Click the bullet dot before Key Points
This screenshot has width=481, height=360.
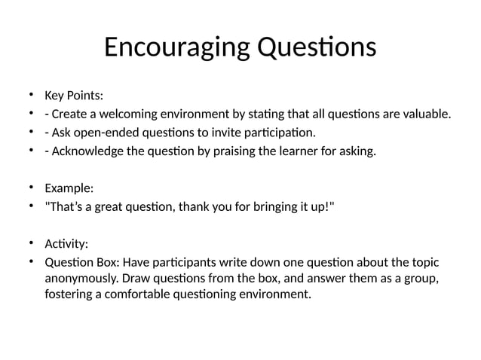click(x=32, y=95)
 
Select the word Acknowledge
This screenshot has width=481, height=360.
click(x=87, y=152)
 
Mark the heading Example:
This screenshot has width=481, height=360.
click(x=69, y=188)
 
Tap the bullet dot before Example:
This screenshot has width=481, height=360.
click(x=32, y=188)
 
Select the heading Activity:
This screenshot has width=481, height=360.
click(x=66, y=244)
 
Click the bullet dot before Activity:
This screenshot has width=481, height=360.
click(x=32, y=243)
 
